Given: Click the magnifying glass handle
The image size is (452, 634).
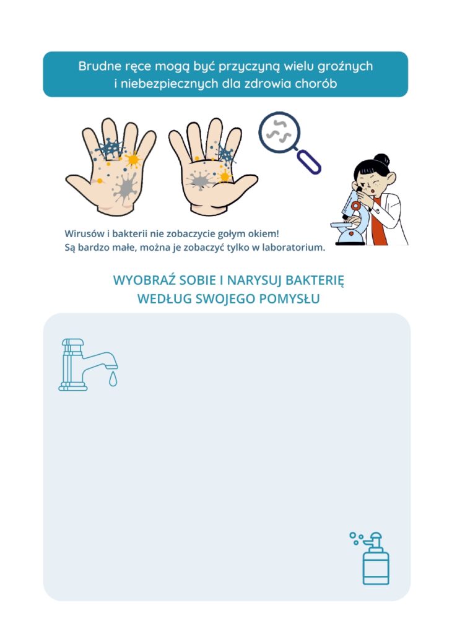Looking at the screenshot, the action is point(310,162).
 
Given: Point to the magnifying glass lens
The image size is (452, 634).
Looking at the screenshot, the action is point(280,132).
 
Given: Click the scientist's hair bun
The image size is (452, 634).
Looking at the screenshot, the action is point(381,158).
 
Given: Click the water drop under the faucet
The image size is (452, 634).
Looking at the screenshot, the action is point(113,380).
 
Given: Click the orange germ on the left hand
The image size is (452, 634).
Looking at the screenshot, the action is point(133,160).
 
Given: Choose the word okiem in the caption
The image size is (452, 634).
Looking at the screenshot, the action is point(265,233).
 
